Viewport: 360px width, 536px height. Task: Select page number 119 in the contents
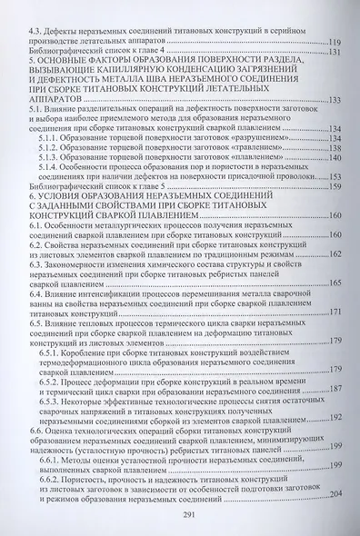[x=334, y=43]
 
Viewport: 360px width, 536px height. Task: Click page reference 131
[x=334, y=54]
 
